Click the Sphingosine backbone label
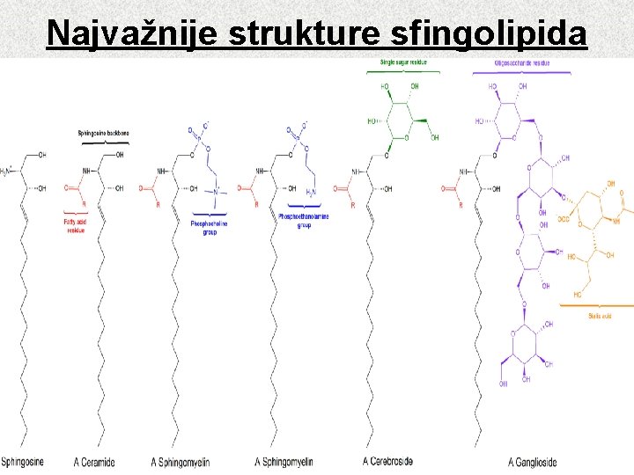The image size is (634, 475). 105,133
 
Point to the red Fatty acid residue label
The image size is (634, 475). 75,227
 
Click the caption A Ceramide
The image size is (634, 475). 94,463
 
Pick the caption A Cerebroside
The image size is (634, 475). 387,461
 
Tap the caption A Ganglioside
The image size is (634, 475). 532,463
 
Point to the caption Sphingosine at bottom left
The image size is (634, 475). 22,462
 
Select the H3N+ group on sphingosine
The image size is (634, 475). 7,171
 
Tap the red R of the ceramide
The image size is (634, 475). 83,204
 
